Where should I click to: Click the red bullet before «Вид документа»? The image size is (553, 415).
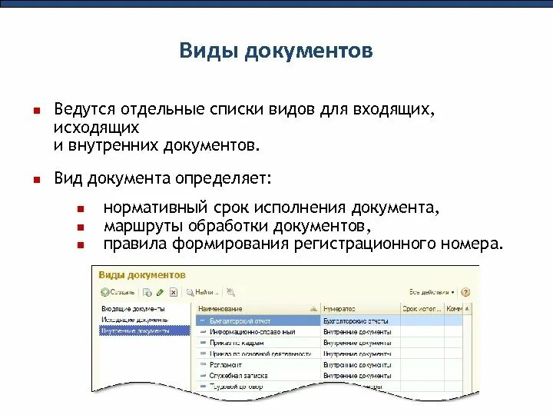click(35, 180)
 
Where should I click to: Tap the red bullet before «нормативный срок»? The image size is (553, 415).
click(80, 209)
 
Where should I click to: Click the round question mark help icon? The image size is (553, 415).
click(465, 292)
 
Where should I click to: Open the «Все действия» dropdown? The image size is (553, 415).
click(432, 292)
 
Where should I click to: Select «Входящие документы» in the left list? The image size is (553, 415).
click(134, 309)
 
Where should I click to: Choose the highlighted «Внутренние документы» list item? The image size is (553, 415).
click(135, 330)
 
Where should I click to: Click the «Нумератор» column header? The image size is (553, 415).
click(338, 309)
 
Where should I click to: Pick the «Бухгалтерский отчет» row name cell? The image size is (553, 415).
click(240, 320)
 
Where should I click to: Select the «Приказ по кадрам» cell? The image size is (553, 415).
click(237, 342)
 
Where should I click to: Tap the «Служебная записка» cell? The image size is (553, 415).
click(237, 375)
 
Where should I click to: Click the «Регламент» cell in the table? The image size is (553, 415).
click(226, 364)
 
